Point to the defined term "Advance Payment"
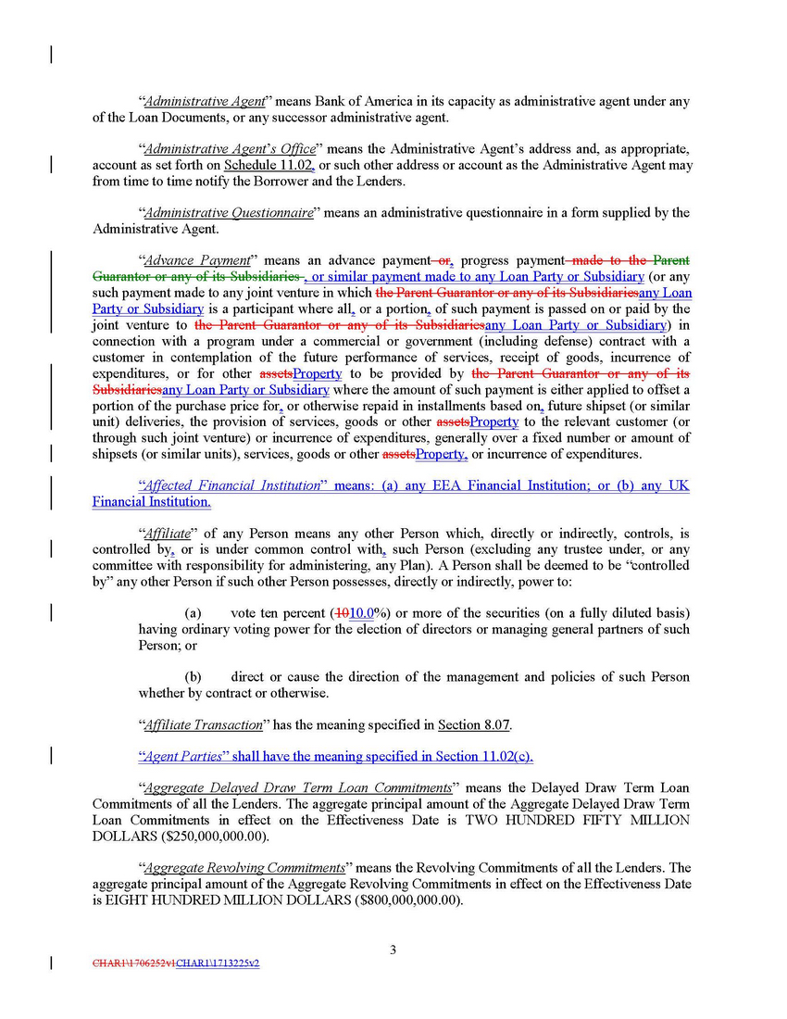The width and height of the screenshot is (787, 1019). (x=197, y=260)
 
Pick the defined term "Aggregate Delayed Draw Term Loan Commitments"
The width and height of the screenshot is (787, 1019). (x=297, y=788)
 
